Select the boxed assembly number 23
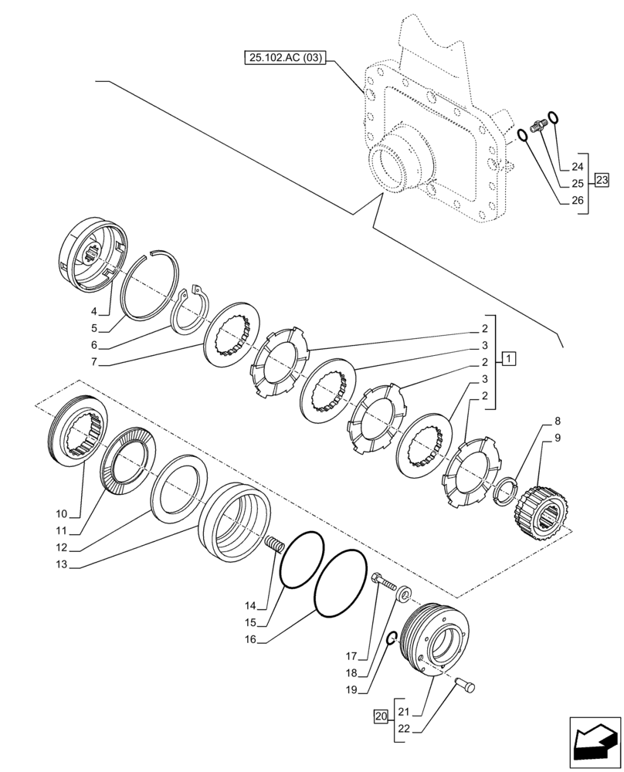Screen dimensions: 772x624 (602, 182)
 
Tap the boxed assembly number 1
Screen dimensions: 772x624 (509, 358)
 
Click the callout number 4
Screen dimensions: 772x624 (94, 311)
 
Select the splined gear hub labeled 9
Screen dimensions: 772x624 (544, 510)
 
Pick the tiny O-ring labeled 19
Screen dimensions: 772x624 (392, 637)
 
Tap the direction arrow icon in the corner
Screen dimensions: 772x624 (593, 743)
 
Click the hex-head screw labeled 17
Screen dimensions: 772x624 (383, 581)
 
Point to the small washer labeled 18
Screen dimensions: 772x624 (403, 595)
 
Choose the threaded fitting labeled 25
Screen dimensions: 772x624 (541, 123)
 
